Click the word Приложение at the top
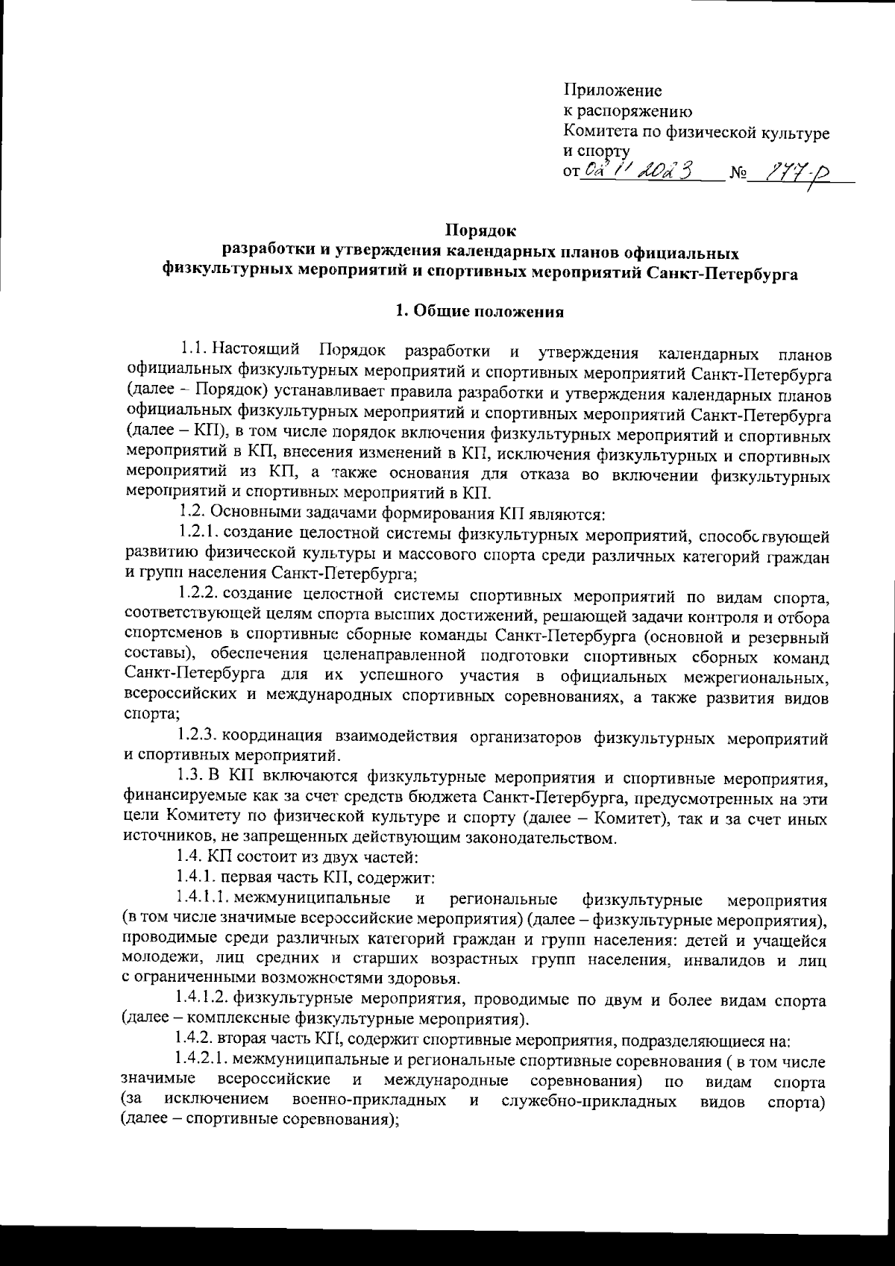(612, 92)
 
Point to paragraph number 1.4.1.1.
(207, 896)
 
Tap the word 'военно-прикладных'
(371, 1100)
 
